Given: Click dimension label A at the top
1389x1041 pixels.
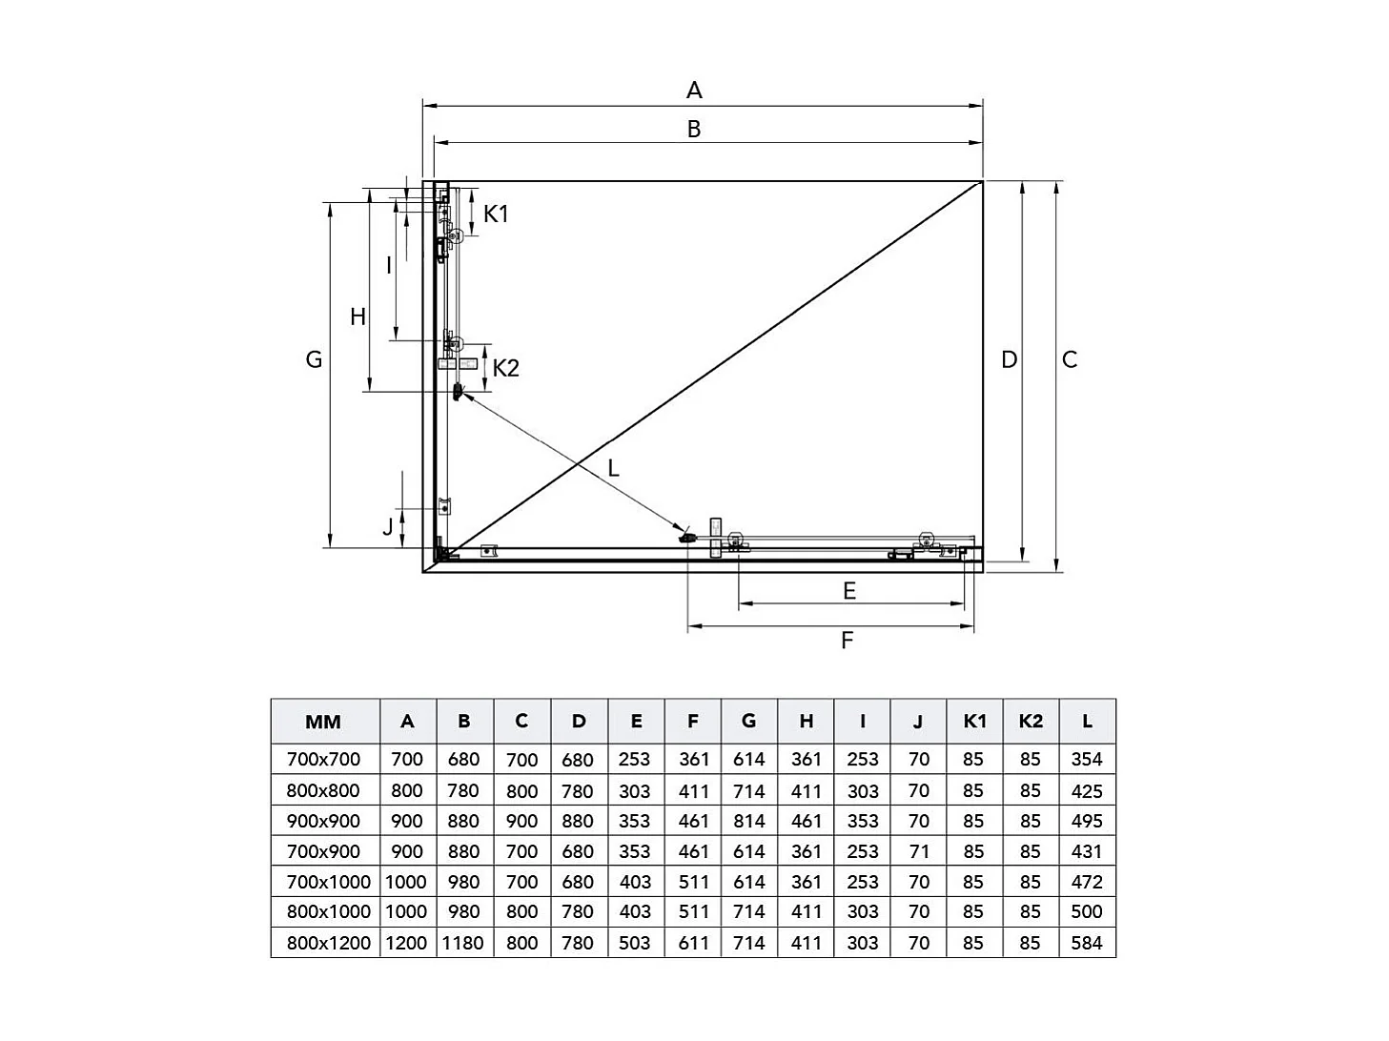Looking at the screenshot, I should [694, 91].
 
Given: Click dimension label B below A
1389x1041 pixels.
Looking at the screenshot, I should [694, 129].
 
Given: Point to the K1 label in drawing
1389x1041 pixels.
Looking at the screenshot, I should [496, 214].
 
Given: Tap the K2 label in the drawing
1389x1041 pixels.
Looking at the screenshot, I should [505, 368].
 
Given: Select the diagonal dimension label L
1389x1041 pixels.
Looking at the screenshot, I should [613, 468].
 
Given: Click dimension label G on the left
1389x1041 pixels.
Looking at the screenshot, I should [314, 359].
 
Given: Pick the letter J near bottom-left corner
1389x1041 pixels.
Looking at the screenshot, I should [388, 527].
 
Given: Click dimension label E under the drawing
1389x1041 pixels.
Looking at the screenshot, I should [849, 591].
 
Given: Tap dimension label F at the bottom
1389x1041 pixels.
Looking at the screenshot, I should [847, 641].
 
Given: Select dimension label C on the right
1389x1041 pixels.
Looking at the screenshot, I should [1070, 359].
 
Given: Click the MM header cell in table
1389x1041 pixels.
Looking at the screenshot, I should [323, 722].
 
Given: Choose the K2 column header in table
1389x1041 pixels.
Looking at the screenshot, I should [1031, 721].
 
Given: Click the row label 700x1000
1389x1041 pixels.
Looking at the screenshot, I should [328, 882].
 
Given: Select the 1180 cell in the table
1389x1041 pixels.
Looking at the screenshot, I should [464, 943].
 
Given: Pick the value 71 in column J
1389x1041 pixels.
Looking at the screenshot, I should [918, 851].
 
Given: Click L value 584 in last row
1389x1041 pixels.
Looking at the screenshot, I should [1087, 943].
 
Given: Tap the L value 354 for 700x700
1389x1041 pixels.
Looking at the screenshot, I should [1087, 760].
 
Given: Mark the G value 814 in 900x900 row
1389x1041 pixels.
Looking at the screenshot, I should [748, 821].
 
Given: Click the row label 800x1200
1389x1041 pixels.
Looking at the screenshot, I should [328, 943].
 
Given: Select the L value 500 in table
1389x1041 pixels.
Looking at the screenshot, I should [1087, 911].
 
